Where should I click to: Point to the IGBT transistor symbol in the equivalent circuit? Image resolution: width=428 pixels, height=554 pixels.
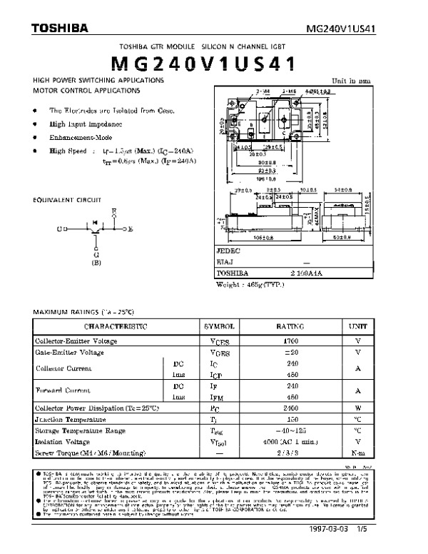[94, 230]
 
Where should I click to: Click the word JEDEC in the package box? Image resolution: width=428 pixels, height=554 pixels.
[229, 252]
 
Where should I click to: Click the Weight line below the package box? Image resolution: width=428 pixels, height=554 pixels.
[250, 283]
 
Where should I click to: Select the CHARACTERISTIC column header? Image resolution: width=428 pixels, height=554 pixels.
[116, 326]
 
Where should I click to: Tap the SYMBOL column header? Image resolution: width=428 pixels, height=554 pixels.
[219, 326]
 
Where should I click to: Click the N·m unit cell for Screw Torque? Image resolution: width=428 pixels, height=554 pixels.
[358, 453]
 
